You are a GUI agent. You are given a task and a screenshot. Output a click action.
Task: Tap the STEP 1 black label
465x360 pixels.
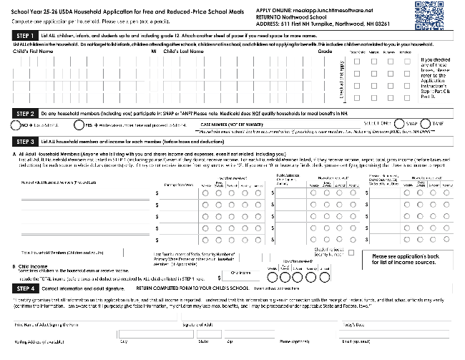click(26, 37)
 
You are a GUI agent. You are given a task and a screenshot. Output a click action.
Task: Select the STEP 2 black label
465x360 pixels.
click(26, 113)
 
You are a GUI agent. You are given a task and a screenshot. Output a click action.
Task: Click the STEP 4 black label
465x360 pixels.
click(26, 288)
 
